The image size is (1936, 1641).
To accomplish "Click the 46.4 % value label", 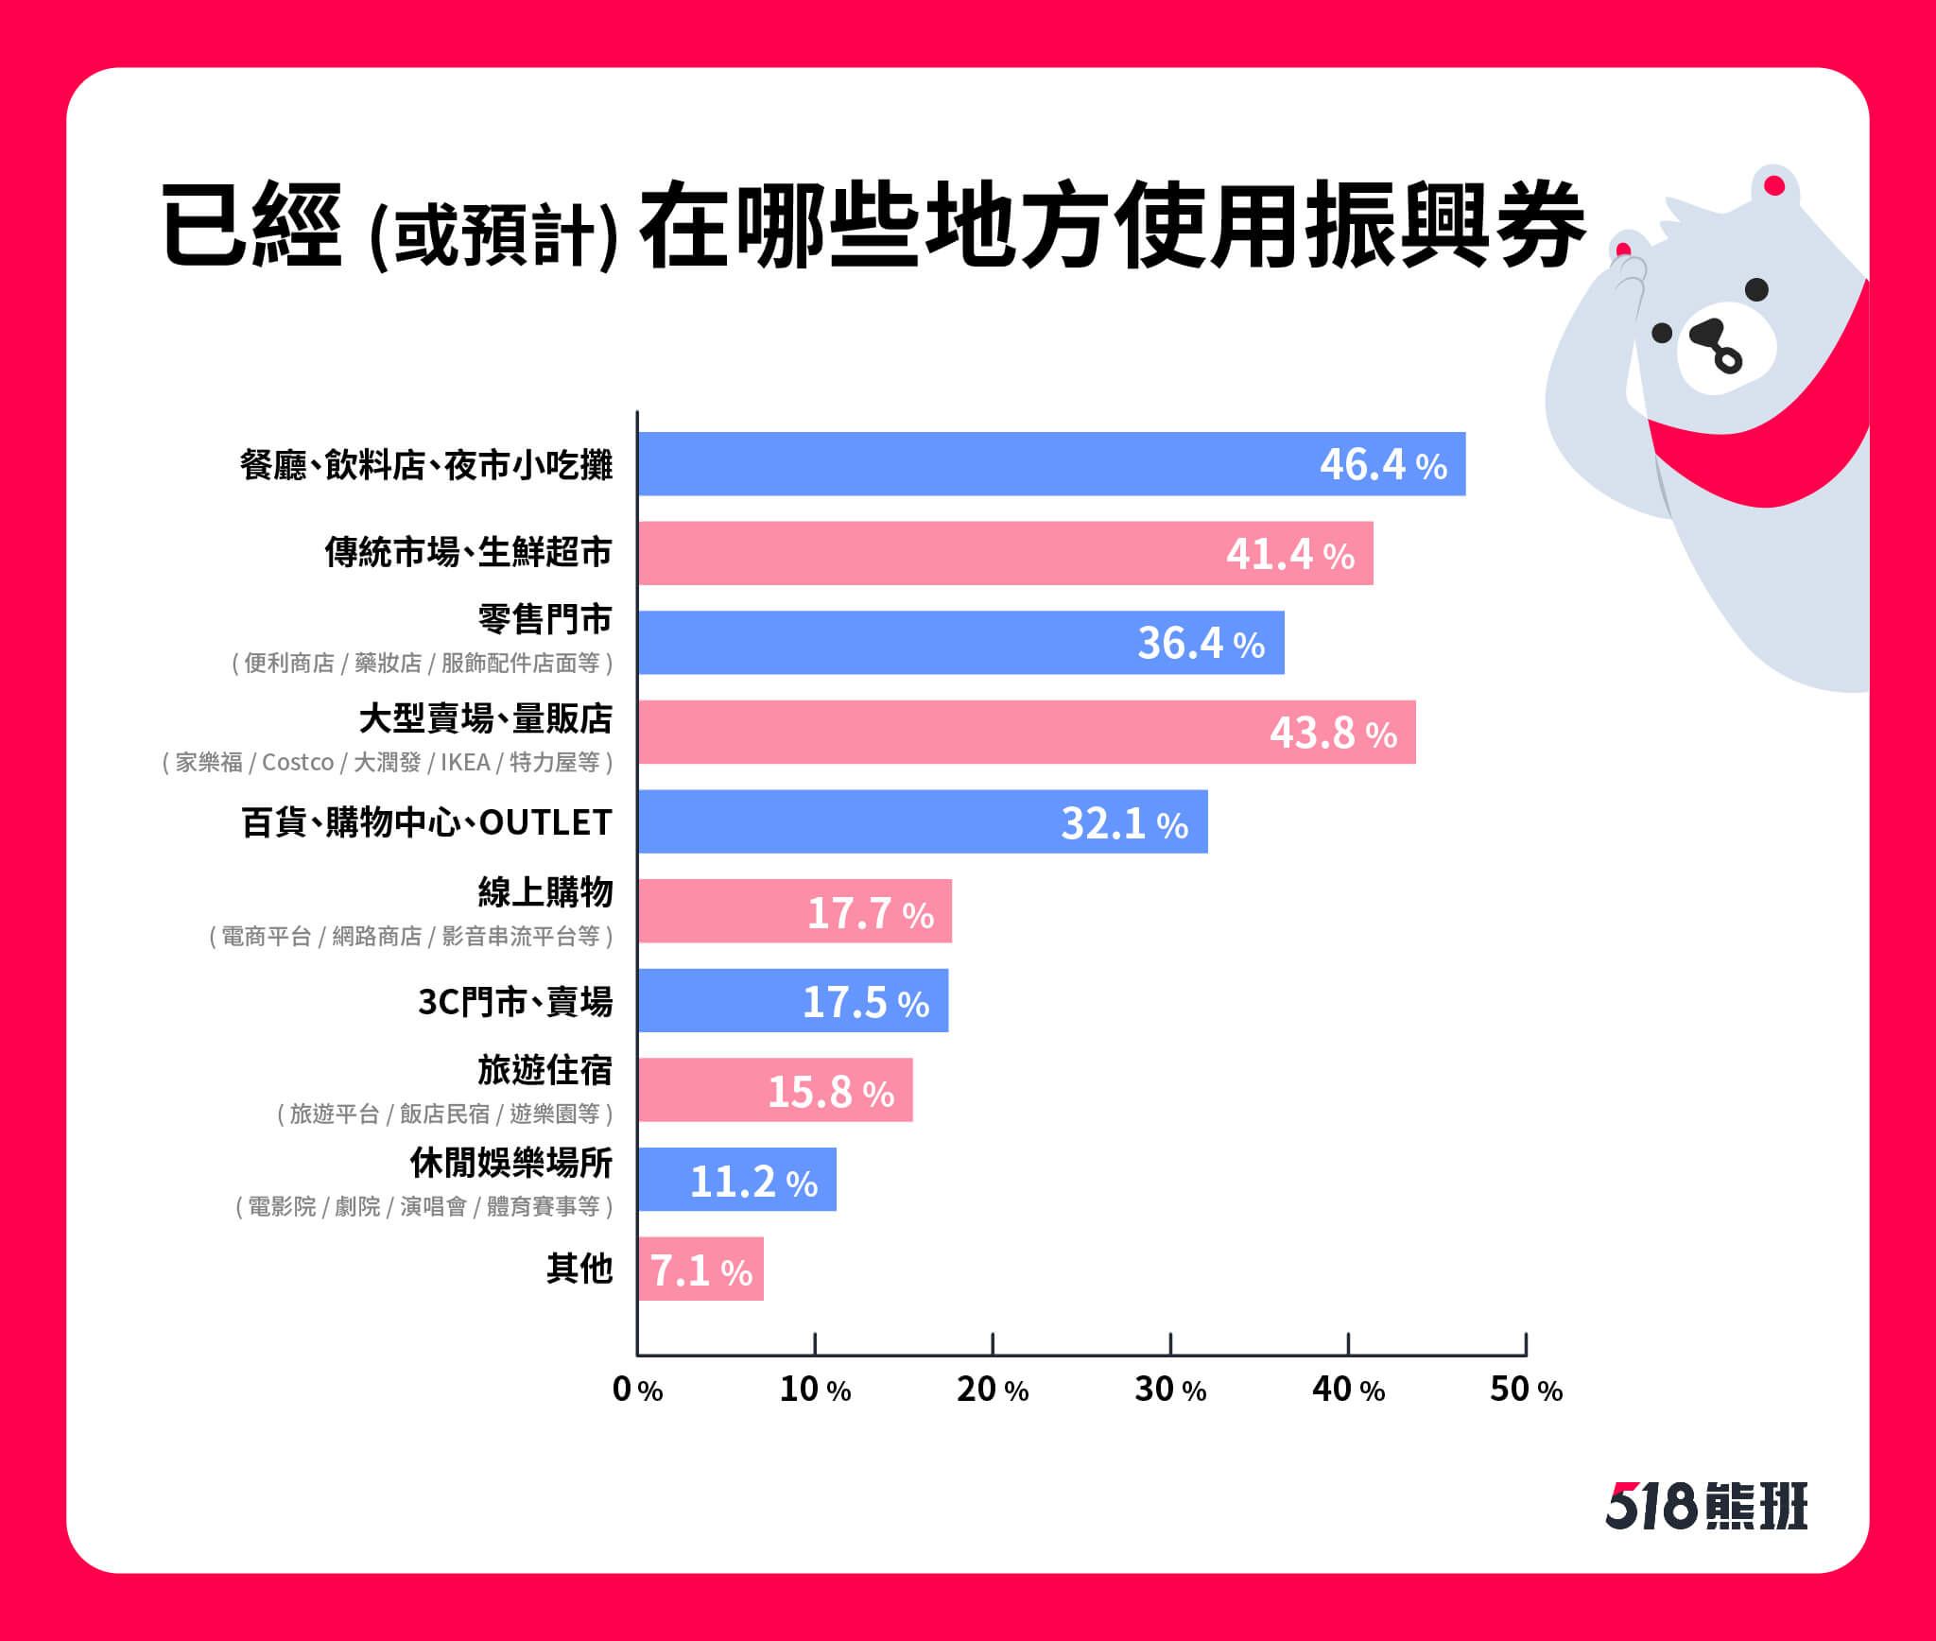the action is click(x=1383, y=465).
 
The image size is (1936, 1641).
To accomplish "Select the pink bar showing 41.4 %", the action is click(x=1006, y=553).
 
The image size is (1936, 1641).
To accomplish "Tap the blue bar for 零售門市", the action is click(x=961, y=643).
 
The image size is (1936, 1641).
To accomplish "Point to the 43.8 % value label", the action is click(x=1333, y=733).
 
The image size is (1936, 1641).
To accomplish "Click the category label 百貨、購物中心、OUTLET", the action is click(x=426, y=822).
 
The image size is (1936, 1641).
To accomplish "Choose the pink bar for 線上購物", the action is click(x=795, y=911).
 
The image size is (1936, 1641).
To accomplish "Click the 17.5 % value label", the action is click(x=866, y=1002).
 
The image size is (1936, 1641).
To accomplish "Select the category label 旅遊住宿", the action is click(x=544, y=1070).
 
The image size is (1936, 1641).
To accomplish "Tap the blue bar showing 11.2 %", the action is click(x=737, y=1180).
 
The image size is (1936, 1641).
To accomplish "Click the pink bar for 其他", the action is click(x=701, y=1269).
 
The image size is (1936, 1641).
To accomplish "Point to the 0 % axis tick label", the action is click(x=637, y=1389).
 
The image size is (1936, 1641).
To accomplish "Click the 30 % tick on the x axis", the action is click(x=1170, y=1343).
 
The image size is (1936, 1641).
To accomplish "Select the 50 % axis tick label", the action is click(x=1526, y=1389).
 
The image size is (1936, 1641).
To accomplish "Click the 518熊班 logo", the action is click(x=1707, y=1506).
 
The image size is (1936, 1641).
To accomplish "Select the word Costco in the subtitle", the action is click(x=298, y=762).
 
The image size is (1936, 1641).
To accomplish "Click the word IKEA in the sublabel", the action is click(x=465, y=762).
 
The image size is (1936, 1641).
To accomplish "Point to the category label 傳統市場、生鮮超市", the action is click(x=468, y=552).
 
